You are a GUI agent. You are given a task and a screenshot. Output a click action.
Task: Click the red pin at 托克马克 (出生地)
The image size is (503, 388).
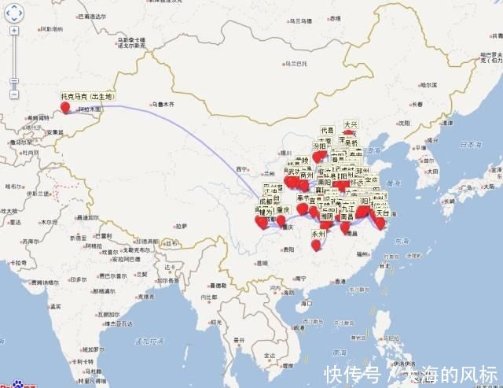[75, 106]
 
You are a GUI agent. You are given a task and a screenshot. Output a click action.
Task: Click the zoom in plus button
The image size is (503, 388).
[14, 31]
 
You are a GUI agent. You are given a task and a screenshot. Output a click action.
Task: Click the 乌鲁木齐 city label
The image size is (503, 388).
[163, 103]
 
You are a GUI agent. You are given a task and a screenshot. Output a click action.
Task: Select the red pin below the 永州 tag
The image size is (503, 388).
[315, 246]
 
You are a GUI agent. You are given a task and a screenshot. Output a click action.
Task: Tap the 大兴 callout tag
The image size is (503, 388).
[349, 124]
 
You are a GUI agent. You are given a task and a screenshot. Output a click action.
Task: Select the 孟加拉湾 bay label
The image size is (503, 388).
[145, 341]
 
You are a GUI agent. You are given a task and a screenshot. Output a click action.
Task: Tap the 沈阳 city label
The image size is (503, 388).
[403, 123]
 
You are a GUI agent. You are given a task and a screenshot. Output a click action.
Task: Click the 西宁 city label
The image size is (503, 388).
[240, 168]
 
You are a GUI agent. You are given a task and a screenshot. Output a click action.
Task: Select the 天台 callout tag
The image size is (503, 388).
[383, 212]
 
